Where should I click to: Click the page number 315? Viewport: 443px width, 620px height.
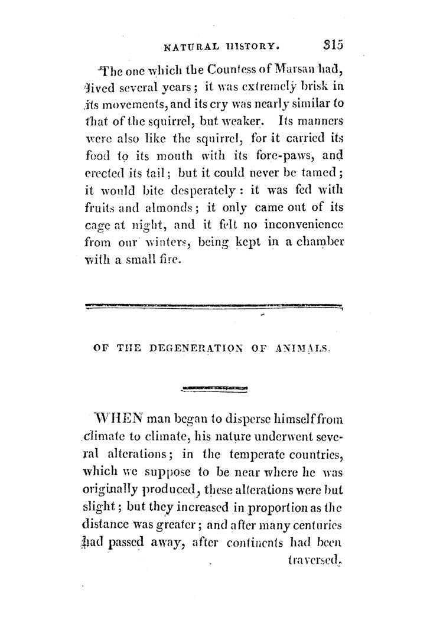pos(334,45)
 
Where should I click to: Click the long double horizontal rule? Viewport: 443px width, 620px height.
pos(214,306)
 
